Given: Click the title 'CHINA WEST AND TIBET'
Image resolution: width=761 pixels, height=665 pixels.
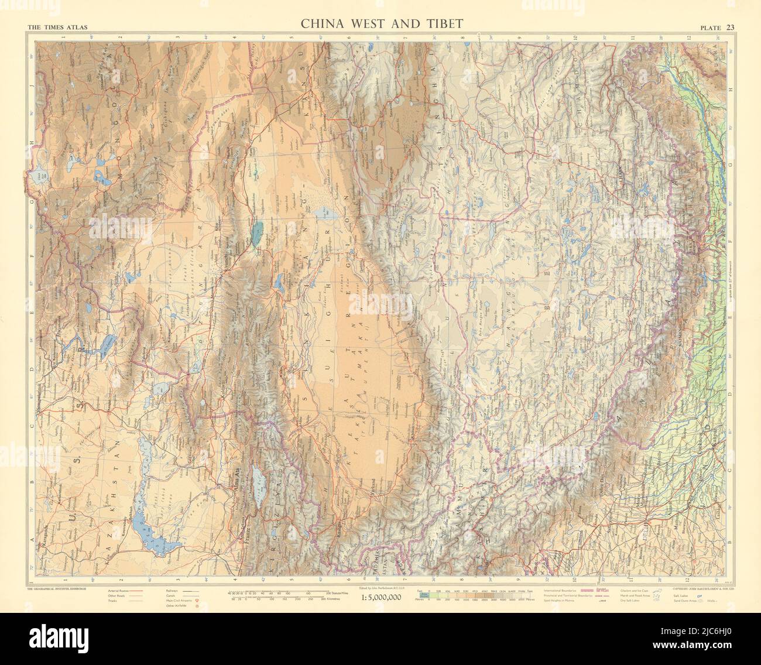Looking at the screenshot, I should coord(382,24).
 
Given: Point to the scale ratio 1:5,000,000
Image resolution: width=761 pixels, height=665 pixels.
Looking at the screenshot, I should coord(375,597).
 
